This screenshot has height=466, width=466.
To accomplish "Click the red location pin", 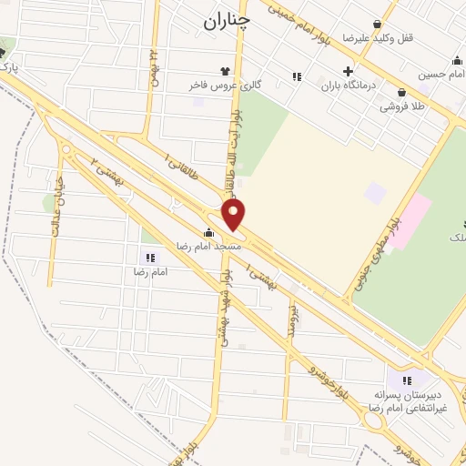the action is (235, 215).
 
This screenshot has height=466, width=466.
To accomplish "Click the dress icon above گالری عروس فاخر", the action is (224, 70).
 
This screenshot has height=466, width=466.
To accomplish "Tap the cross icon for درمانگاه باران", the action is (347, 71).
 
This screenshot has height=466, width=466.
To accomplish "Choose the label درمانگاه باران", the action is (347, 86).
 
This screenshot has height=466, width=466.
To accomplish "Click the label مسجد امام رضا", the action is (208, 246).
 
